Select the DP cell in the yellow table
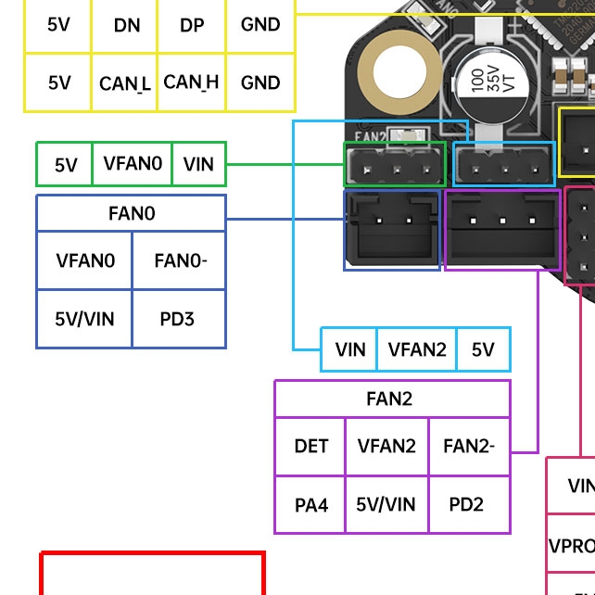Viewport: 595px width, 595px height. click(x=192, y=25)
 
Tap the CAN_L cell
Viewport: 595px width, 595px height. click(x=124, y=83)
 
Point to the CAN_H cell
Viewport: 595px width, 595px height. click(x=192, y=82)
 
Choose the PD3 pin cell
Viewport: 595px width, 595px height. click(x=178, y=319)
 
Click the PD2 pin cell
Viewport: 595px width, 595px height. click(x=468, y=504)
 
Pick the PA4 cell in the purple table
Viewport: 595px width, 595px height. click(x=310, y=504)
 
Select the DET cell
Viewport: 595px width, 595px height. click(x=310, y=446)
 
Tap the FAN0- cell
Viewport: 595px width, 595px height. click(x=179, y=260)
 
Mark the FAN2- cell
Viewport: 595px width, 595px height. click(x=468, y=446)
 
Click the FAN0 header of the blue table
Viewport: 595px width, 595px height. click(x=131, y=213)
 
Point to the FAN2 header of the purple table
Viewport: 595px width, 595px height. click(x=392, y=399)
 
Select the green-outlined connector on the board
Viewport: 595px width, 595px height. click(x=395, y=164)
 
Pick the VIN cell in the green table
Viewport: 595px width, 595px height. click(x=198, y=164)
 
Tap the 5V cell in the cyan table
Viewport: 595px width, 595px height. click(x=483, y=349)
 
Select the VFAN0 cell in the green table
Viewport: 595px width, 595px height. click(x=132, y=164)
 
